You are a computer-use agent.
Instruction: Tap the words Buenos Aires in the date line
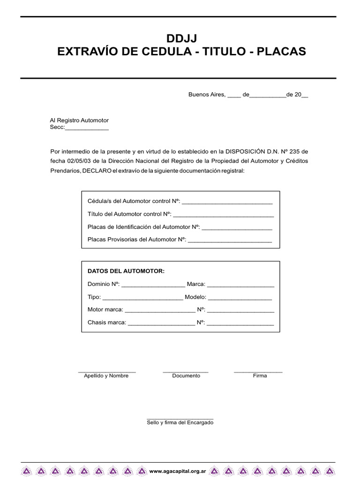tap(207, 94)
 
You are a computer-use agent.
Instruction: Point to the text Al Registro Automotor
tap(79, 120)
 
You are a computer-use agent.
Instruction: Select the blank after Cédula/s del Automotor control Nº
tap(227, 202)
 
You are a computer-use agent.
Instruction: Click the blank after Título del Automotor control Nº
tap(223, 215)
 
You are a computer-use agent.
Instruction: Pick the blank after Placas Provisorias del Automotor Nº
tap(229, 240)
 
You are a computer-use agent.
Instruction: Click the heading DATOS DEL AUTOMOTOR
tap(126, 271)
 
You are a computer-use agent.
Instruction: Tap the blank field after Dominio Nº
tap(153, 285)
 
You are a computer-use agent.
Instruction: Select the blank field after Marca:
tap(240, 285)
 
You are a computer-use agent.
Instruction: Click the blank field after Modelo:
tap(240, 297)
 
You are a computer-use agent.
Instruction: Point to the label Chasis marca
tap(107, 322)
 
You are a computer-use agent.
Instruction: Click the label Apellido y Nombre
tap(106, 376)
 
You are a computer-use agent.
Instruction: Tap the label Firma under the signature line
tap(260, 376)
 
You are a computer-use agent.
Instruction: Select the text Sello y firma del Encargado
tap(180, 422)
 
